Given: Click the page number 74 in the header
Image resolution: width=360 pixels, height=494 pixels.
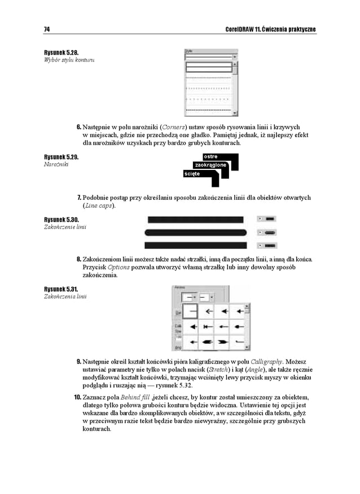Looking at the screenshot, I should (47, 29).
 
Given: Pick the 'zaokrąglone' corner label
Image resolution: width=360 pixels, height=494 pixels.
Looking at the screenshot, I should (210, 165).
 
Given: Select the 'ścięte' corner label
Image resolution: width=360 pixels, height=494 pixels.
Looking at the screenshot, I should (192, 174).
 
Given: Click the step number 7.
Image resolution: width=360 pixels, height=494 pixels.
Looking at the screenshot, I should (79, 198).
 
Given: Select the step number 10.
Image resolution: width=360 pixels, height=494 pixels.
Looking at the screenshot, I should (78, 397).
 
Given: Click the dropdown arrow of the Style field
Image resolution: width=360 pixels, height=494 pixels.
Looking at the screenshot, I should (235, 57).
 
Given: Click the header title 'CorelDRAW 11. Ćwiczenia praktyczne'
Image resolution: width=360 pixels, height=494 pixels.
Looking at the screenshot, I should (270, 29).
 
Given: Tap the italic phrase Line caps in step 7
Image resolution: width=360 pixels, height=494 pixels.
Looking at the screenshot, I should (98, 206).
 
